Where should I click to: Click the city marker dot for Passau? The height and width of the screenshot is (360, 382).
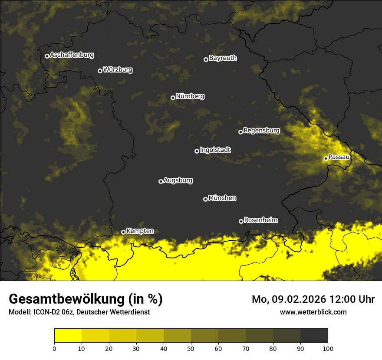coord(326,158)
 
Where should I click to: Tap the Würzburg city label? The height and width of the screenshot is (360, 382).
coord(118,70)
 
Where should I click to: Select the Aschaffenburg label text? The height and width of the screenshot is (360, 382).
coord(72,55)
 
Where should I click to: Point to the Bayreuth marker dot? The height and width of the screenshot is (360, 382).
coord(206,59)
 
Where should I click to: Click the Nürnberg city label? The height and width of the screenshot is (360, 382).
coord(190,96)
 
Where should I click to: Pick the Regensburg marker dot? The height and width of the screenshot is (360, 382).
coord(240,132)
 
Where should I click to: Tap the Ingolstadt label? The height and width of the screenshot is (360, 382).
coord(215,150)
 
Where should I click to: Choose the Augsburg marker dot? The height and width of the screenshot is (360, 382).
coord(161,181)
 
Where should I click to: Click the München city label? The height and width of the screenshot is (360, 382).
coord(222,198)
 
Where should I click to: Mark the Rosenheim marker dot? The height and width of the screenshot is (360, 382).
coord(241,222)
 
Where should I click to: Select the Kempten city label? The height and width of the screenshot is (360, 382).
coord(140,231)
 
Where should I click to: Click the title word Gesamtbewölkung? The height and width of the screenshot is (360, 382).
coord(67,299)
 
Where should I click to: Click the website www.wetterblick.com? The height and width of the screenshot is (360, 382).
coord(313,312)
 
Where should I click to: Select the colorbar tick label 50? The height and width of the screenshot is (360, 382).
coord(191,348)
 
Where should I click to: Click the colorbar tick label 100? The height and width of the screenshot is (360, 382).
coord(327,348)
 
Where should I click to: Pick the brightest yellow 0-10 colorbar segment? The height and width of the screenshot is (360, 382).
coord(68,336)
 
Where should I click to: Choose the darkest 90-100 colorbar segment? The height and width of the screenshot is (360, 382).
coord(314,336)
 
